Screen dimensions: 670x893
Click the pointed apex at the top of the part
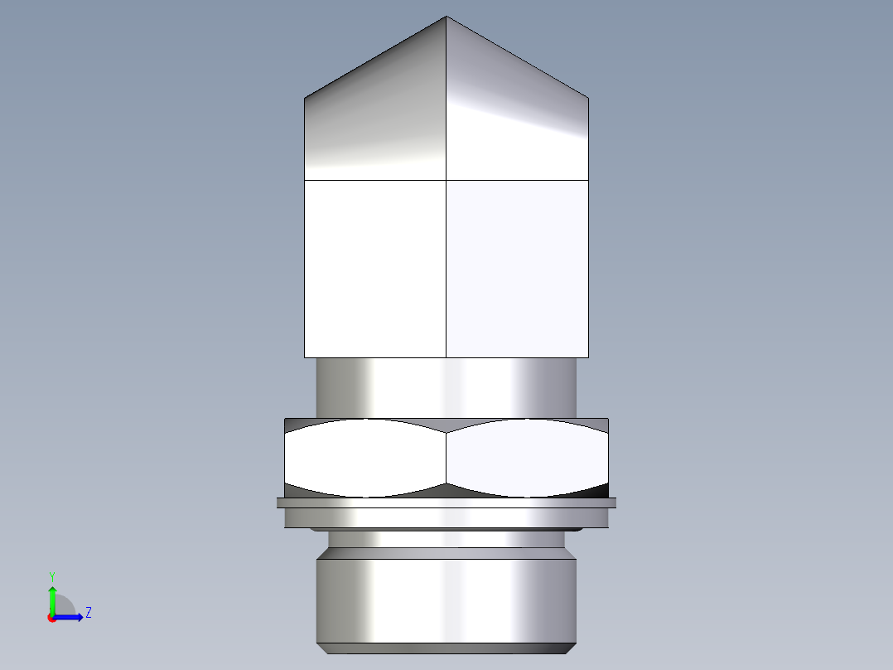(446, 17)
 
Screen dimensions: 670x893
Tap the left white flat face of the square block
(375, 269)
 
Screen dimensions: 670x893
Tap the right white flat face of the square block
(518, 269)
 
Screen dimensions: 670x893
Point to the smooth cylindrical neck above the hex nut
(446, 387)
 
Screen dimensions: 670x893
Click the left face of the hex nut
(365, 458)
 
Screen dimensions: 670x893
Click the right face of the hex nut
(527, 458)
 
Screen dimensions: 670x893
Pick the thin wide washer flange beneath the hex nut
(446, 502)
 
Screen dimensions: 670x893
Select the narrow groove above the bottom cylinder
(446, 540)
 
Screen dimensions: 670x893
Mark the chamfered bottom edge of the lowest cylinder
(446, 648)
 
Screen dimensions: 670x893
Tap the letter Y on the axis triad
(51, 575)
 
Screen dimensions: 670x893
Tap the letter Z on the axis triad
(88, 613)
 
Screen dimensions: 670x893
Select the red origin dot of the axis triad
(51, 618)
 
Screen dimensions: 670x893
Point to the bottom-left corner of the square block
(306, 357)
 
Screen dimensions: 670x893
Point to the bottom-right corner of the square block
(588, 357)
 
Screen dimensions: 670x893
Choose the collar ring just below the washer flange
(446, 518)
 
